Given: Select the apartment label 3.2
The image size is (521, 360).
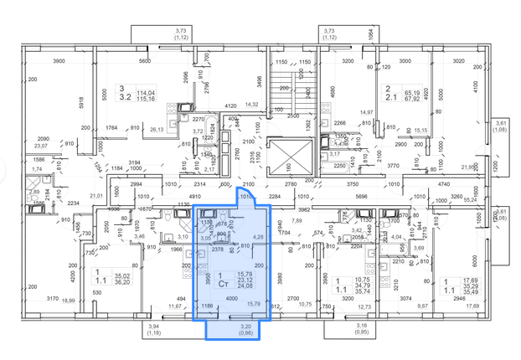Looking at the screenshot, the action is tap(124, 98).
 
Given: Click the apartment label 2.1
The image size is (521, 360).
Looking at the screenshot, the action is tap(389, 97).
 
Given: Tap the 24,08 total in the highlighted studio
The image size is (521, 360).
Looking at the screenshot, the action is tap(244, 285).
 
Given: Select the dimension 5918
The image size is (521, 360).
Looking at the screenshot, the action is tap(80, 103).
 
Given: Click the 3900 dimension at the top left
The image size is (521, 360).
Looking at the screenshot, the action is tap(59, 61).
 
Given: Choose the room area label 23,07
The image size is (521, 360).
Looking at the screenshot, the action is tap(42, 147).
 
